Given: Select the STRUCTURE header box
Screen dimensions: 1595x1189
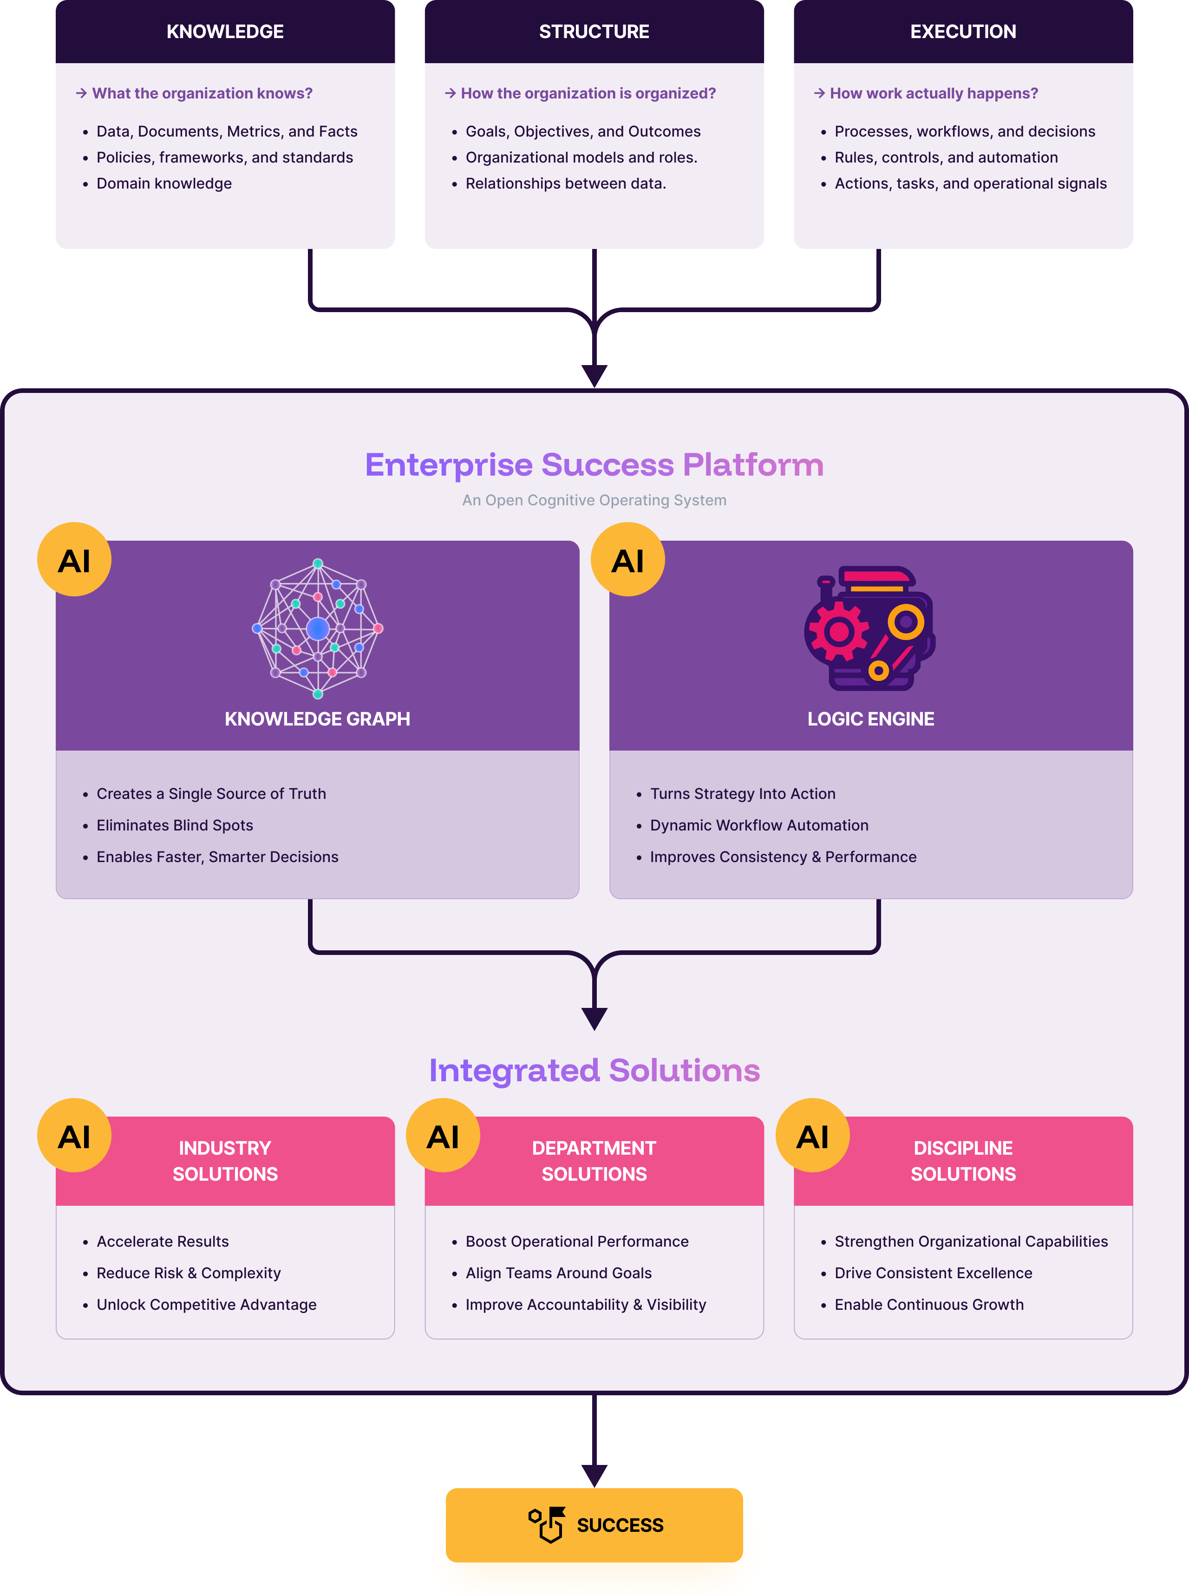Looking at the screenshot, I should click(594, 32).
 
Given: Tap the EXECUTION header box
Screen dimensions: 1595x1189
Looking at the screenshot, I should click(962, 32).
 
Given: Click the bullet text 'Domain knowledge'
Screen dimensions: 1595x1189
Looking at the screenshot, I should click(164, 183).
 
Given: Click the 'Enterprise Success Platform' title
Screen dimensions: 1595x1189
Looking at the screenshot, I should click(594, 465).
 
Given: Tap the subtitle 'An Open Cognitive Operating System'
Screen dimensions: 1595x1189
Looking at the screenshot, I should click(594, 500).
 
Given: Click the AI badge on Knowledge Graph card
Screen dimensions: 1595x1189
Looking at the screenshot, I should click(74, 560).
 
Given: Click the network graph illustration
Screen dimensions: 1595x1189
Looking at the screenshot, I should click(317, 628).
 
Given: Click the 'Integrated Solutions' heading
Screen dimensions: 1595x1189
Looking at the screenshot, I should click(594, 1070).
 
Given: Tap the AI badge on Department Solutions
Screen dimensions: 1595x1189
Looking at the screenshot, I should click(443, 1136).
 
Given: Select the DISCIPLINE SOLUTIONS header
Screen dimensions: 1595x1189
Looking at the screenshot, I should click(962, 1160).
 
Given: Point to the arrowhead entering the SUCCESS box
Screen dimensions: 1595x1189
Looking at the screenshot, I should click(594, 1476).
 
